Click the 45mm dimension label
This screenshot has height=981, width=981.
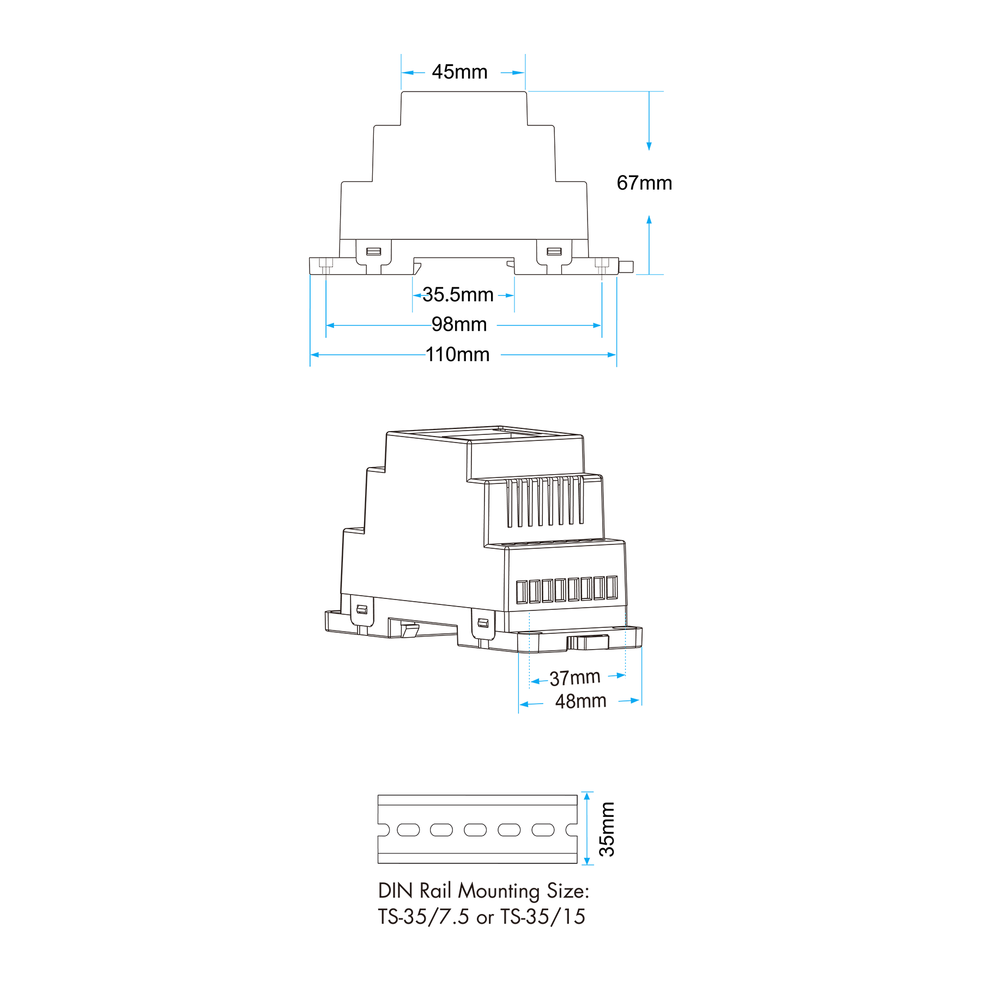[459, 72]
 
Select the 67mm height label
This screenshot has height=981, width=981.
[644, 183]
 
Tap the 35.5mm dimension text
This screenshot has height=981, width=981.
[458, 295]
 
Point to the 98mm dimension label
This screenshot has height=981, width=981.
[459, 325]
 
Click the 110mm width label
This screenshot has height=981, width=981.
[457, 355]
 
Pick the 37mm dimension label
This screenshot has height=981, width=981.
[575, 678]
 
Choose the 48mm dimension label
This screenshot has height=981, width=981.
[580, 701]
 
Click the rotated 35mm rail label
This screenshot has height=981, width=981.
[607, 829]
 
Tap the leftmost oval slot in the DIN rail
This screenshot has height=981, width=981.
[408, 829]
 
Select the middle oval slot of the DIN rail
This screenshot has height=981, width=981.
[475, 829]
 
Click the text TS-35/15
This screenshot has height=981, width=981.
[543, 917]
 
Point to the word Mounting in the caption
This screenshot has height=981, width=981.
[499, 892]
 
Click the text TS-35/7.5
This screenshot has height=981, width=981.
[423, 917]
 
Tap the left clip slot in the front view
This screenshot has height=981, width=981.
[373, 251]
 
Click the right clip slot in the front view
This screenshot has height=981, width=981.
[554, 251]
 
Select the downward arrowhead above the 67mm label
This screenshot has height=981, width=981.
[649, 146]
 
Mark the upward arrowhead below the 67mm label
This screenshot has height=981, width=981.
[649, 220]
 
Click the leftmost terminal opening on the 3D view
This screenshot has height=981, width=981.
[522, 592]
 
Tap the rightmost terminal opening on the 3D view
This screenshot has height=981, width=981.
[612, 588]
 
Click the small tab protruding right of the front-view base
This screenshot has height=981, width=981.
[626, 267]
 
